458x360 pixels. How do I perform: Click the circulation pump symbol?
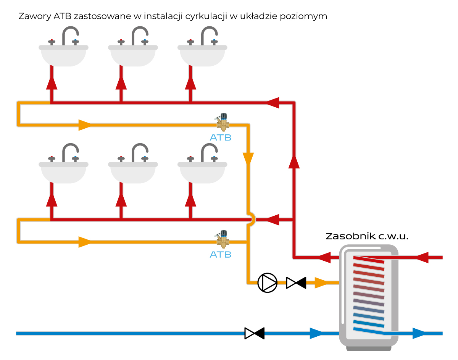pos(268,283)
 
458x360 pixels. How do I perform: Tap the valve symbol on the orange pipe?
pos(296,283)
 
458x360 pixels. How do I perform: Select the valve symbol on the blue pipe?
pos(255,333)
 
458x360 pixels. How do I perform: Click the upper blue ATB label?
pos(221,137)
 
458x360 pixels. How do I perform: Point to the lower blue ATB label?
pos(221,254)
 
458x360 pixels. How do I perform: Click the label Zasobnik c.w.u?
pos(367,236)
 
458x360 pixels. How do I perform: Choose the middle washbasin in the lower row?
pos(133,172)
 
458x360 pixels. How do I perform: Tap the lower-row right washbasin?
pos(202,172)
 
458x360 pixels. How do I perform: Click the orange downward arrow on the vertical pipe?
pos(248,159)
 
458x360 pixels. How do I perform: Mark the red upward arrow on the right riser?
pos(294,161)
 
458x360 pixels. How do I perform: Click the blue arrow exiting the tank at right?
pos(419,333)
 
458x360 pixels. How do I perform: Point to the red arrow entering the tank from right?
pos(422,258)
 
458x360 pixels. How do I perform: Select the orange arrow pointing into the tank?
pos(321,283)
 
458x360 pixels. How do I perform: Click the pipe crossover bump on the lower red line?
pos(252,220)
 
